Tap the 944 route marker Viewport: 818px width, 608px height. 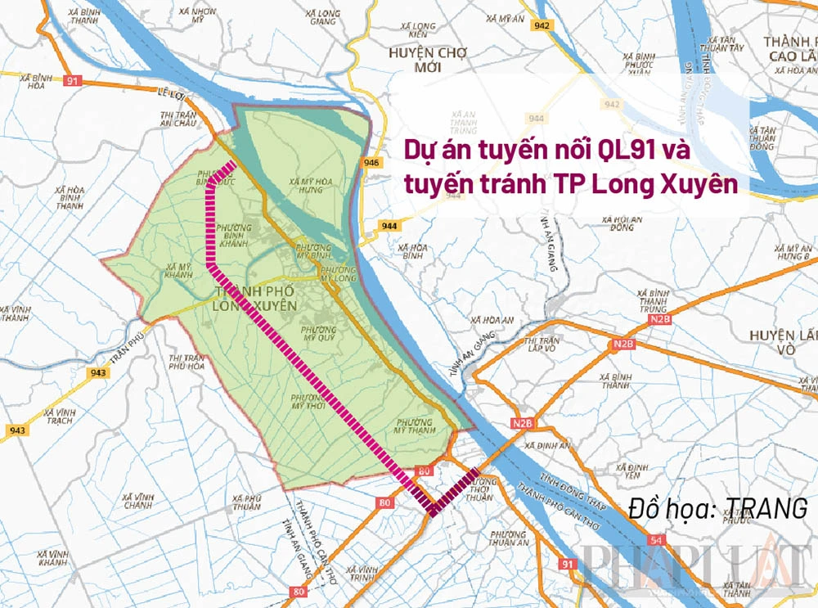pos(389,224)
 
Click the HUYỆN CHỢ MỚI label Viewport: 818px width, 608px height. pos(424,59)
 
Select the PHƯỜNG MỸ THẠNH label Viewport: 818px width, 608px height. pos(413,426)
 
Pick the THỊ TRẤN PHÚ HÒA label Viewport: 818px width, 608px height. pos(187,363)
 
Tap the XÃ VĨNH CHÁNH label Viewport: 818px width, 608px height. pos(138,501)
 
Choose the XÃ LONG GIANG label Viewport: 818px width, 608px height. pos(320,17)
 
